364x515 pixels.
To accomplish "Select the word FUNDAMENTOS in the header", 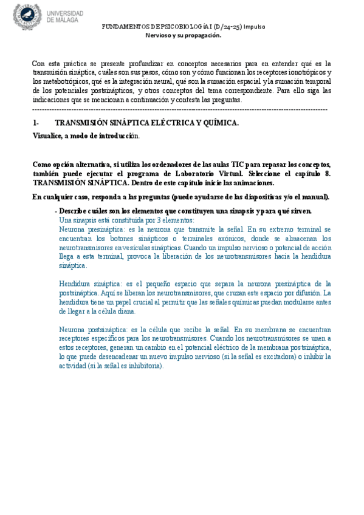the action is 125,27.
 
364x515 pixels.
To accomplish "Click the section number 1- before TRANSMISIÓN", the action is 36,123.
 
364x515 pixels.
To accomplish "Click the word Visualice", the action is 47,135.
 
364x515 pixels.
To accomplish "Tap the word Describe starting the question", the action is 74,211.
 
